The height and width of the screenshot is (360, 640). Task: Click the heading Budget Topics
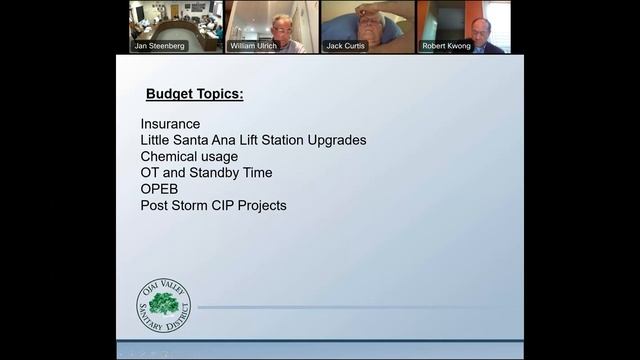coord(195,95)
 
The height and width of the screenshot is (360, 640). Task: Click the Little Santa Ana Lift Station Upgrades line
coord(253,140)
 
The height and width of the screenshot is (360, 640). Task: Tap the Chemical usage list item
coord(189,157)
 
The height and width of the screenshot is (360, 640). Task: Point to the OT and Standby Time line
coord(206,173)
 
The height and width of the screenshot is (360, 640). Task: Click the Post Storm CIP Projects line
coord(213,206)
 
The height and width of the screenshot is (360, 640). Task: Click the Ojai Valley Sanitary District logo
coord(163,307)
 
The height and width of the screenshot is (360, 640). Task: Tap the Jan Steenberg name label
coord(160,46)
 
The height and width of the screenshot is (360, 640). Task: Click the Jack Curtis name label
coord(345,46)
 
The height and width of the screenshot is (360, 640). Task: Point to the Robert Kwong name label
coord(446,46)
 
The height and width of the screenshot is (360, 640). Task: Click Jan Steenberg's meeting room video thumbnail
coord(175,22)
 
